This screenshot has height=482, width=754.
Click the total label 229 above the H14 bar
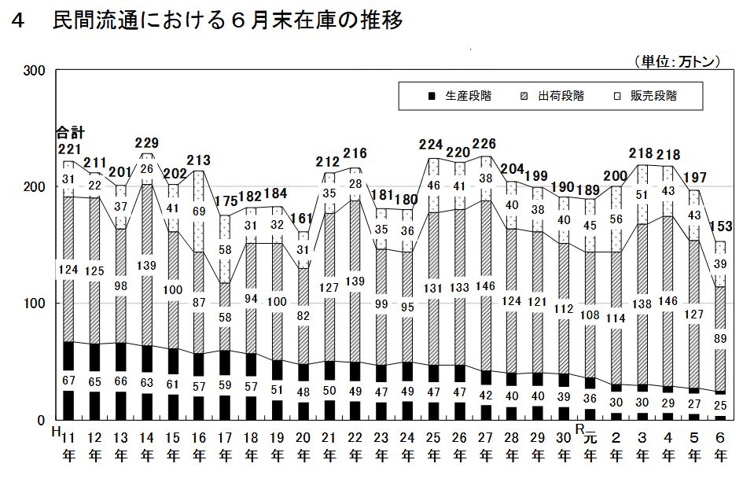147,143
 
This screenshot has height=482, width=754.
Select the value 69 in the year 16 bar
199,212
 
